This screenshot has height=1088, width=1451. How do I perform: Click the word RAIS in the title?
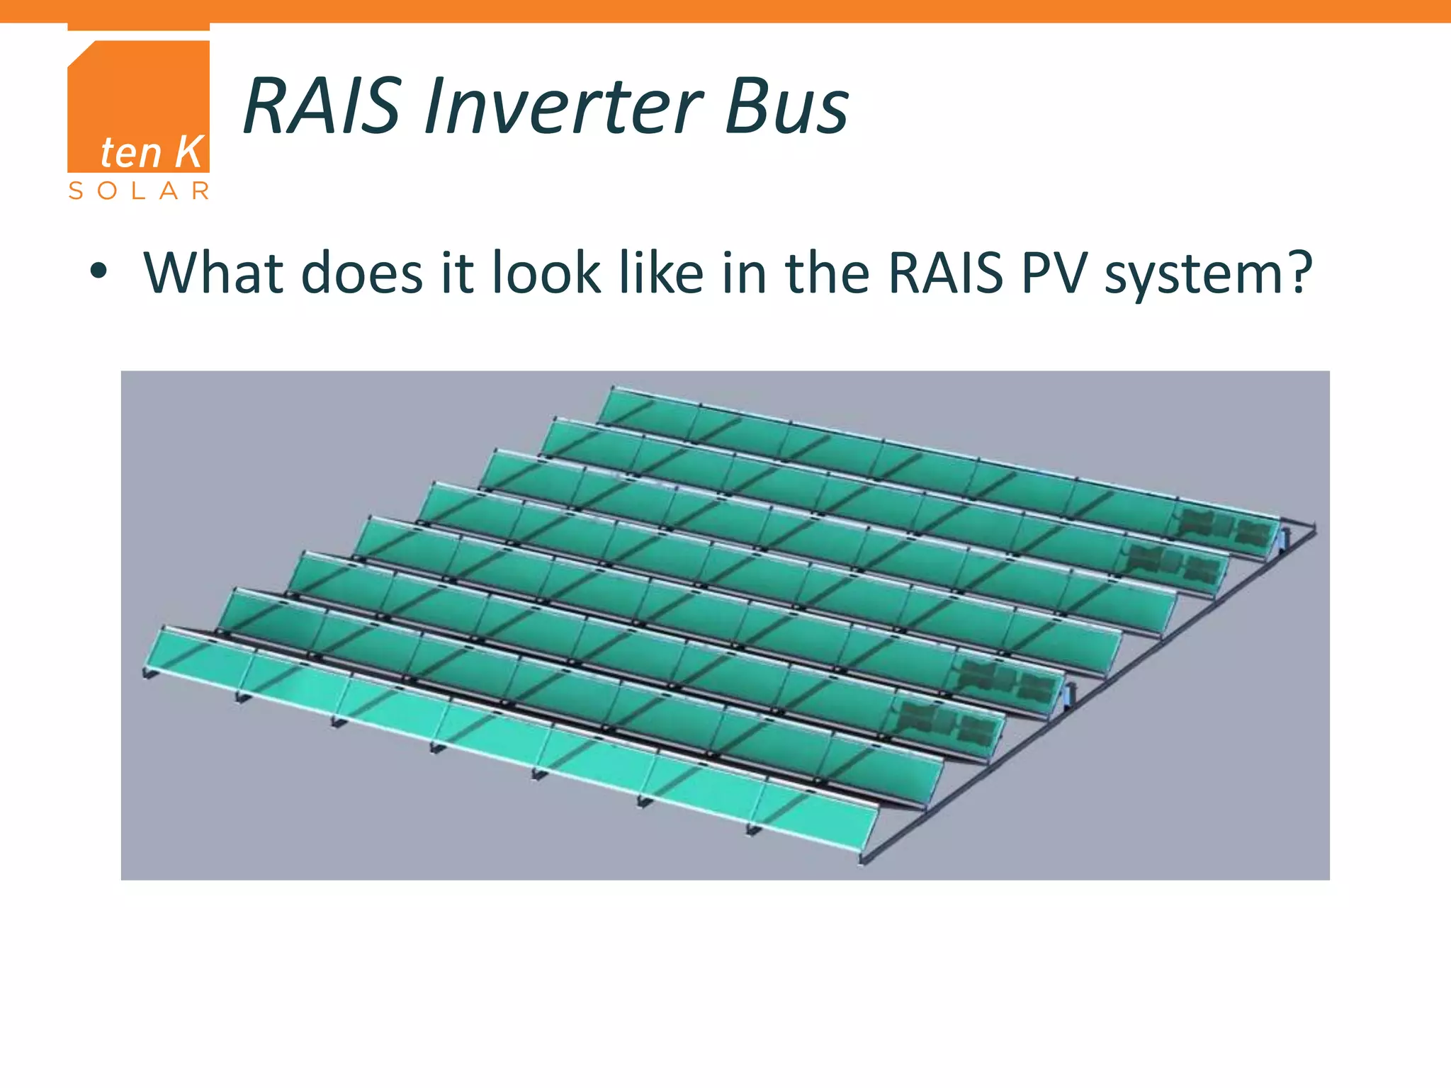[322, 107]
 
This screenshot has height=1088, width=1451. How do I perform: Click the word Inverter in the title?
[563, 107]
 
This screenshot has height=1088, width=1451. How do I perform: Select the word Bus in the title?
[786, 107]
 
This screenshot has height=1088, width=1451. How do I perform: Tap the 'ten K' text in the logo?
[152, 152]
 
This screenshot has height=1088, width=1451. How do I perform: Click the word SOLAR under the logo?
[139, 191]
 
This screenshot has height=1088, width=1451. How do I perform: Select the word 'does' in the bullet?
[362, 273]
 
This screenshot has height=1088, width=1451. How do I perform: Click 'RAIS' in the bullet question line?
[945, 273]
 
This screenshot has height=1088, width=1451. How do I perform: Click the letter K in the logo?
[188, 152]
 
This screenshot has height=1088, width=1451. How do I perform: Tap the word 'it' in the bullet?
[457, 273]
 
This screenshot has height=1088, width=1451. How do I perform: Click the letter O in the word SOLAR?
[107, 191]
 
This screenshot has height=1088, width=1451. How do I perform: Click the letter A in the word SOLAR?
[169, 191]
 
